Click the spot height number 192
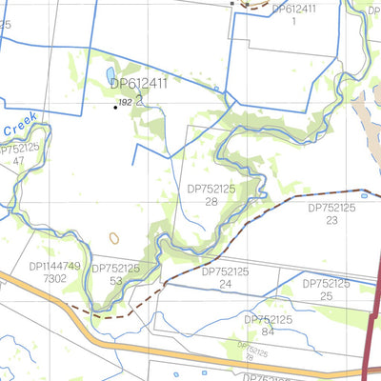pyautogui.click(x=125, y=101)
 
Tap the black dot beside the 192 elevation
pyautogui.click(x=116, y=107)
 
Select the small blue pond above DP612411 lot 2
pyautogui.click(x=110, y=73)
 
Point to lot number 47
pyautogui.click(x=19, y=161)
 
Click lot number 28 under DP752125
pyautogui.click(x=212, y=202)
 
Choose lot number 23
pyautogui.click(x=331, y=220)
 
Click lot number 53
pyautogui.click(x=115, y=281)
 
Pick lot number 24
pyautogui.click(x=226, y=284)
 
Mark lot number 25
pyautogui.click(x=327, y=296)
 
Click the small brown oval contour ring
pyautogui.click(x=115, y=237)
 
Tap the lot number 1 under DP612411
pyautogui.click(x=294, y=20)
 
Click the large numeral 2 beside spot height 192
pyautogui.click(x=139, y=98)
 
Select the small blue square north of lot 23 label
pyautogui.click(x=337, y=195)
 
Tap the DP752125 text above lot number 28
pyautogui.click(x=211, y=190)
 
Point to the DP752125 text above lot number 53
pyautogui.click(x=115, y=269)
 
